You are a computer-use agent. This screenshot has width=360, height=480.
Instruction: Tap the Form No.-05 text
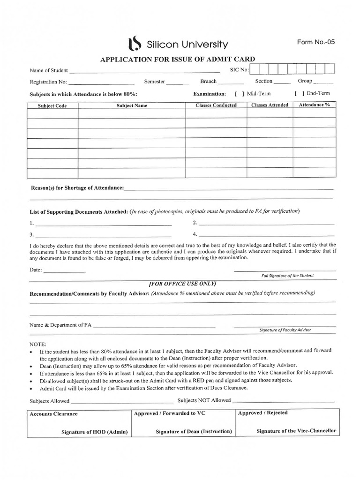pyautogui.click(x=316, y=42)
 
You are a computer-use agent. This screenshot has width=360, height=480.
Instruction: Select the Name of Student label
pyautogui.click(x=49, y=70)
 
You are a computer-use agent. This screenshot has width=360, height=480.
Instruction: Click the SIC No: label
pyautogui.click(x=239, y=70)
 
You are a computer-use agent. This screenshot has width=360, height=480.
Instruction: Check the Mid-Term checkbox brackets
pyautogui.click(x=239, y=93)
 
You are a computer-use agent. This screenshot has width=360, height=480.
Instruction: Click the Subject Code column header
pyautogui.click(x=52, y=105)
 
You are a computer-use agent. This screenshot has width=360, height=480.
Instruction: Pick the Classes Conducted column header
pyautogui.click(x=216, y=105)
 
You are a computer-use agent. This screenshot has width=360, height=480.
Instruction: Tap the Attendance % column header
pyautogui.click(x=315, y=105)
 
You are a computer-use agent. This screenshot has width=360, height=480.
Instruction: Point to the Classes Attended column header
pyautogui.click(x=270, y=105)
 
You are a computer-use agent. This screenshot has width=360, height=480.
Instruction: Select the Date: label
pyautogui.click(x=36, y=270)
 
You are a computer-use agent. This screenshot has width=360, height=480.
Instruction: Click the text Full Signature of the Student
pyautogui.click(x=288, y=275)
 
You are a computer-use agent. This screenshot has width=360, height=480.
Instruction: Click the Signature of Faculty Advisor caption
pyautogui.click(x=285, y=330)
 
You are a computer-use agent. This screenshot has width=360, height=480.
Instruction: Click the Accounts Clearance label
pyautogui.click(x=53, y=414)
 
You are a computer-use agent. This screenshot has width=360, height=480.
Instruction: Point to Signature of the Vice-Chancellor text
pyautogui.click(x=296, y=431)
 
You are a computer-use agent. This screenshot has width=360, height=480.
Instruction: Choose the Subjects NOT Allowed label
pyautogui.click(x=204, y=400)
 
